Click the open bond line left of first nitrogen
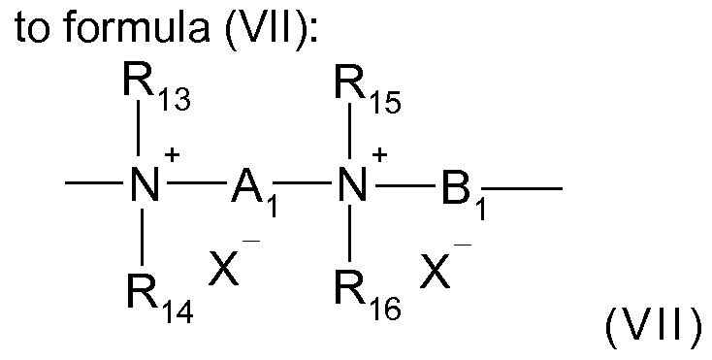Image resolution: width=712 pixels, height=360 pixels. (x=92, y=187)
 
